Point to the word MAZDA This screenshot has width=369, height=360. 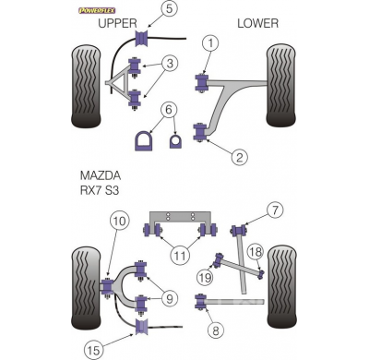pyautogui.click(x=99, y=176)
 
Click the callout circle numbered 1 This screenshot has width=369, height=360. pyautogui.click(x=211, y=42)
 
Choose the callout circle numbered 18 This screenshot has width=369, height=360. pyautogui.click(x=256, y=252)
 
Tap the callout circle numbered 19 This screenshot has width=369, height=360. pyautogui.click(x=205, y=275)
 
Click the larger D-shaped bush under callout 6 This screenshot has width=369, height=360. pyautogui.click(x=146, y=141)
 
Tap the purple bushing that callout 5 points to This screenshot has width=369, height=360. pyautogui.click(x=143, y=39)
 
